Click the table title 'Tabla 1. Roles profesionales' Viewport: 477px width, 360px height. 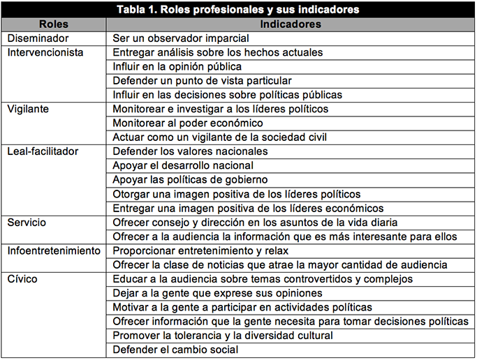238,10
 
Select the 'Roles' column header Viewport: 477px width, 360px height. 54,24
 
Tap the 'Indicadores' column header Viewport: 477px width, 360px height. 290,24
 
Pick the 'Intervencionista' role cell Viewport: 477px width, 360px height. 45,52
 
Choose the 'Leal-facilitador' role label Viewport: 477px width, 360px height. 42,151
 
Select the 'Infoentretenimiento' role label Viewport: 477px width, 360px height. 53,250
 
